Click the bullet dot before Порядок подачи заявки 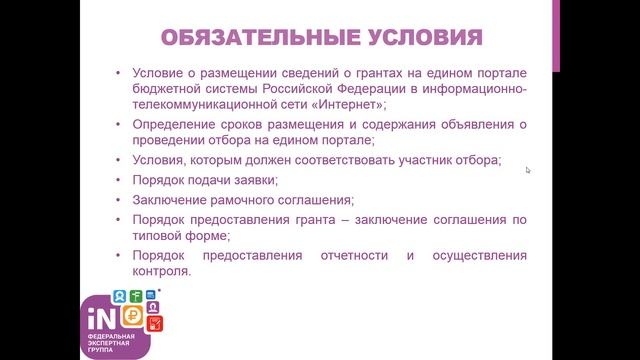(x=119, y=180)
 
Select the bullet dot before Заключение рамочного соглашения (x=119, y=199)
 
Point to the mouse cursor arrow (x=527, y=170)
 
